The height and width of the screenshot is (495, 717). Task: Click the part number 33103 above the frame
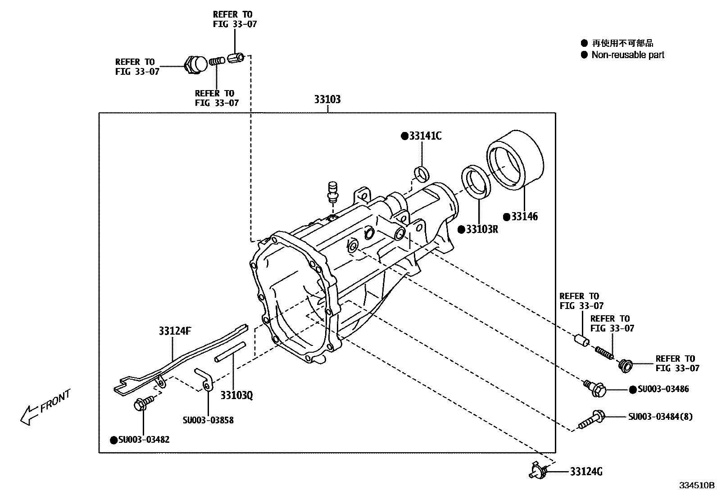point(327,99)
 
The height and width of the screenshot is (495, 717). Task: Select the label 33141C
point(425,136)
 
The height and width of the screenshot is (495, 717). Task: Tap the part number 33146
point(524,217)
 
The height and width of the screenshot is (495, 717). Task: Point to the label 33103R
point(482,229)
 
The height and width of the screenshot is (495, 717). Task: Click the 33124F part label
point(175,331)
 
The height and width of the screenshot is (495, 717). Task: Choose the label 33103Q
point(236,395)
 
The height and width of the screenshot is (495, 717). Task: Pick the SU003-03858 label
point(208,420)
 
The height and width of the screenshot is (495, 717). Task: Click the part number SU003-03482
point(144,440)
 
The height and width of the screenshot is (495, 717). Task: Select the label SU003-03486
point(663,389)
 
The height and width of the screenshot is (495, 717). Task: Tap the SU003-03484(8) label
point(660,417)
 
